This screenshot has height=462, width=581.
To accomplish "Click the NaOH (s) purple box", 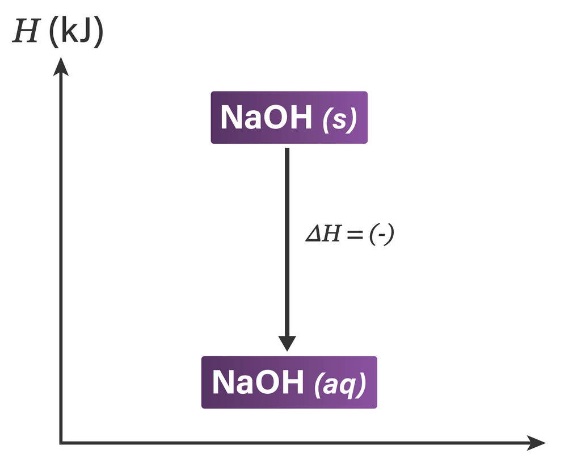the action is point(289,117).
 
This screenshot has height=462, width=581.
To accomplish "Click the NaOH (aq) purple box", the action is point(289,382).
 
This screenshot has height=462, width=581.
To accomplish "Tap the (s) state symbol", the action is point(339,119).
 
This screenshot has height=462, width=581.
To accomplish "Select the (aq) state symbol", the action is point(340,385).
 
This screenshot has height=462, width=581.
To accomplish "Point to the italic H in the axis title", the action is point(25,32).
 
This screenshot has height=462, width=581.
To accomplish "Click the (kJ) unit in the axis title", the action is point(76,32).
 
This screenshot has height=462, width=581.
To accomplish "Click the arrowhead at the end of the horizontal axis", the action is point(536,442).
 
